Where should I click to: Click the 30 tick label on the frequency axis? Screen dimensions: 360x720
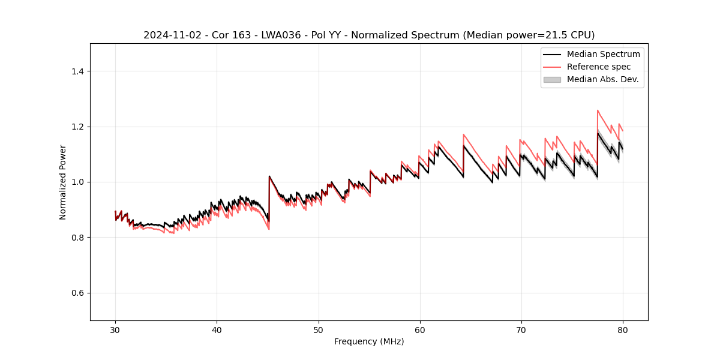click(x=115, y=329)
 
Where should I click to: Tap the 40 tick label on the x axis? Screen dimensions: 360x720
click(x=217, y=329)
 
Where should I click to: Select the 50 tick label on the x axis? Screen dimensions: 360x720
click(x=318, y=329)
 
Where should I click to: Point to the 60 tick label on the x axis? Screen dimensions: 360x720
click(x=420, y=329)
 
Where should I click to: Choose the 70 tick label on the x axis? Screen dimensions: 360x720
click(x=521, y=329)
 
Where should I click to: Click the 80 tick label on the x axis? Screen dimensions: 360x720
click(x=623, y=329)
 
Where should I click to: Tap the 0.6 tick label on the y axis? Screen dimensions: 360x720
click(x=79, y=293)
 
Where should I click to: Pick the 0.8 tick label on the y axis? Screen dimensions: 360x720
click(x=79, y=238)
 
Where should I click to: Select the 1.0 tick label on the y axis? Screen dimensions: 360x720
click(x=79, y=182)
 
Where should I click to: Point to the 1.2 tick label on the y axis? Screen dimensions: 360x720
click(x=79, y=127)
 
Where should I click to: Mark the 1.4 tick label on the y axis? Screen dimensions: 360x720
click(x=79, y=71)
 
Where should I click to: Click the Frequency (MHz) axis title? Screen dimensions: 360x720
click(x=369, y=341)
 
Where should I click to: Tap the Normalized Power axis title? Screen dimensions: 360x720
click(x=63, y=182)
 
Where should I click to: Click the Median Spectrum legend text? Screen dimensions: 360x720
click(x=603, y=54)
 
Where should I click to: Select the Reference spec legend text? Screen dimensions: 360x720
click(x=599, y=67)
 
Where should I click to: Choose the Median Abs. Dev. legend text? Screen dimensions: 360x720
click(x=602, y=79)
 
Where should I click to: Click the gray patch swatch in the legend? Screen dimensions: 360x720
click(x=552, y=79)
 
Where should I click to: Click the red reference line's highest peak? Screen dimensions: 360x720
click(x=598, y=110)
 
